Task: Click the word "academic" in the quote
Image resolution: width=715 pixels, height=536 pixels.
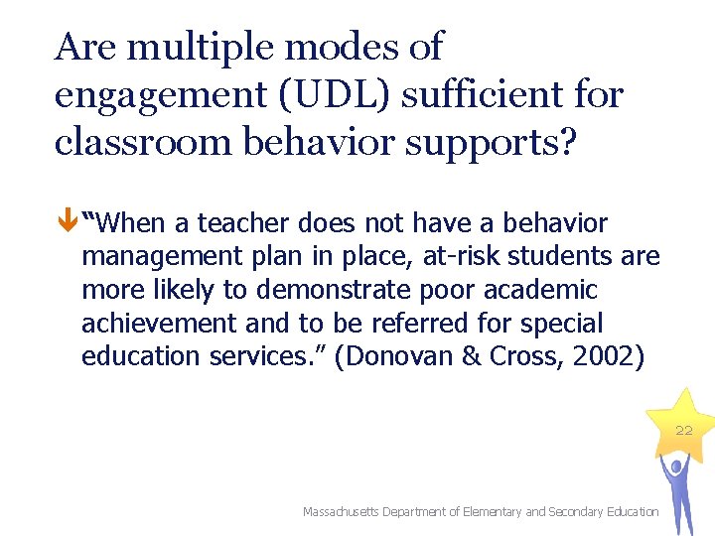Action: click(538, 290)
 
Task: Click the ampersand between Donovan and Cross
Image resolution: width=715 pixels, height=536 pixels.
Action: click(472, 357)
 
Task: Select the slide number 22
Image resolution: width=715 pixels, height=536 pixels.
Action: click(684, 430)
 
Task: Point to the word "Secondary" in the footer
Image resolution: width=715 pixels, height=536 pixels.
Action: click(577, 512)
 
